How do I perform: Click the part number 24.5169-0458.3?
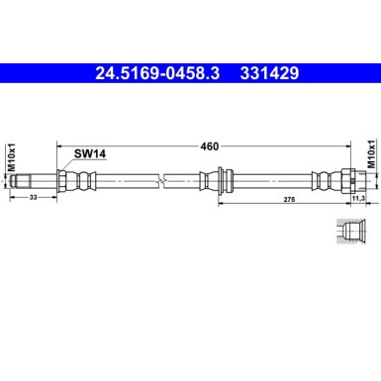point(157,73)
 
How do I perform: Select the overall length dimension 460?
point(209,146)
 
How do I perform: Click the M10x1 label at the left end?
point(13,155)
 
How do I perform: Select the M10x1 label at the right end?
point(371,155)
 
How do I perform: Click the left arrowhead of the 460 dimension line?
point(60,146)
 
